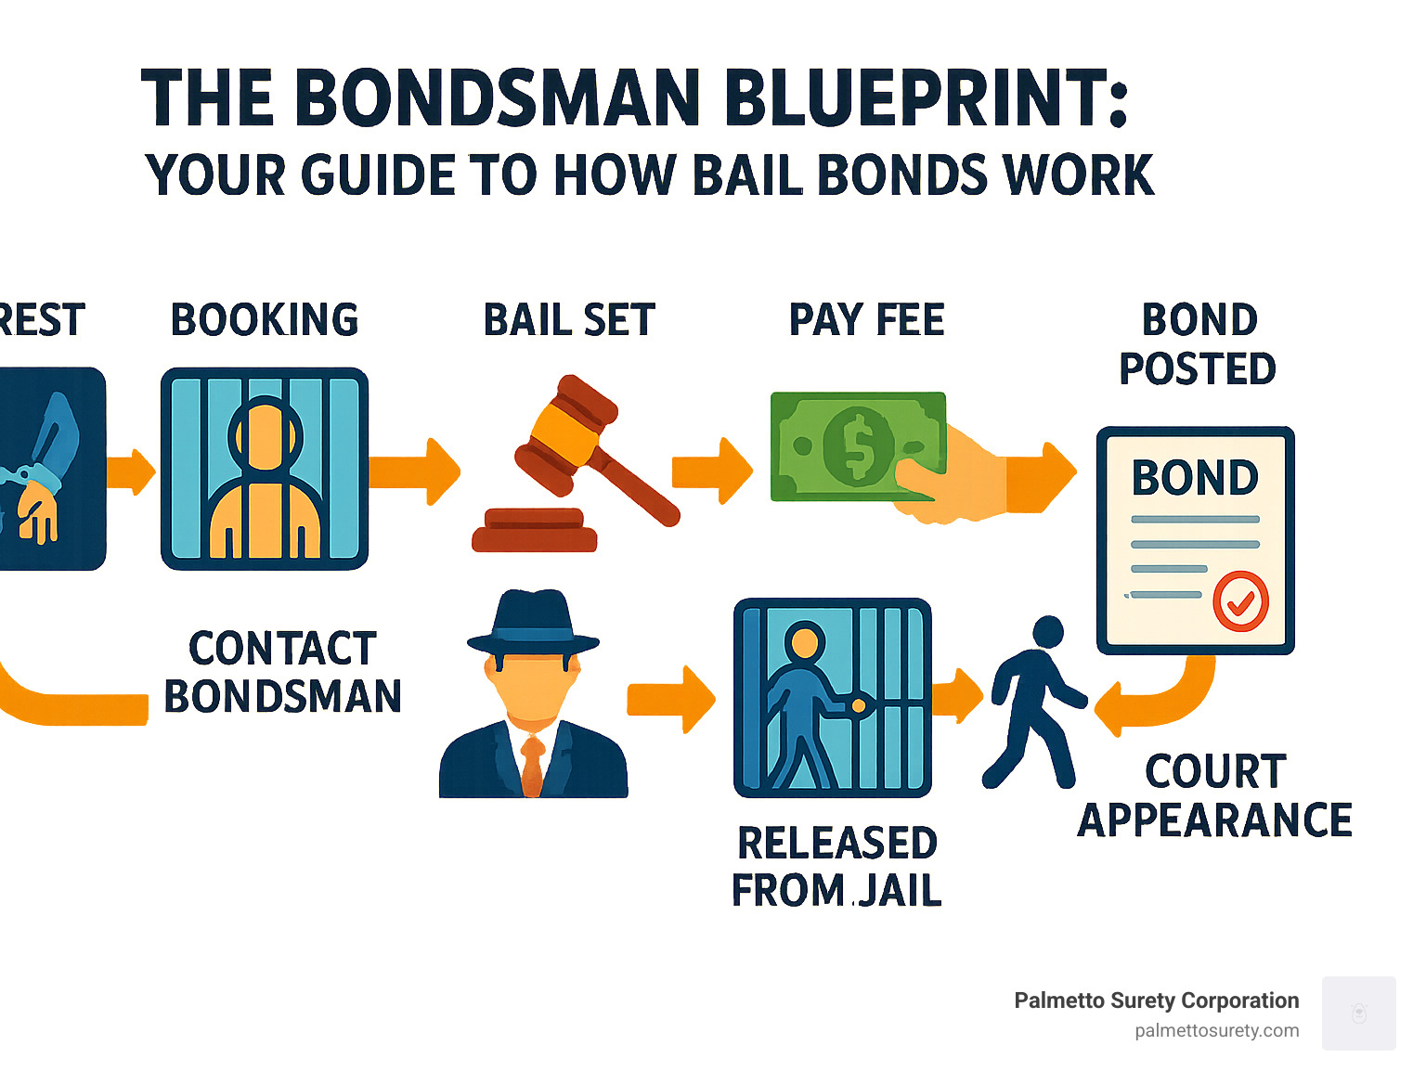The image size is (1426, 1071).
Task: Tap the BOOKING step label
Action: (265, 320)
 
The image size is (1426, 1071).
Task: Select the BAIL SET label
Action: (569, 320)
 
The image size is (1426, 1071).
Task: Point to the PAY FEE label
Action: (866, 320)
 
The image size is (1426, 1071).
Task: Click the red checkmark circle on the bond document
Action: (1240, 601)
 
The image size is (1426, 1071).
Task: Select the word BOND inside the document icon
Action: (1195, 478)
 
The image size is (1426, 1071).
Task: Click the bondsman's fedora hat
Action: (533, 623)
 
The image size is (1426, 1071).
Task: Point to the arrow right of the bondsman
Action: (670, 699)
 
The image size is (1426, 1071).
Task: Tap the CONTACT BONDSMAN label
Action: (282, 672)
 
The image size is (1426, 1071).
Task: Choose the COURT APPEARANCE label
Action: (1214, 795)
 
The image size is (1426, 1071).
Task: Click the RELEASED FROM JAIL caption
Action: (836, 866)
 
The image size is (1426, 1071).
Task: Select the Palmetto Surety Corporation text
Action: (1156, 1000)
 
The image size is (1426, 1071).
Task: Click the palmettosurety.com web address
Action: (1216, 1030)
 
